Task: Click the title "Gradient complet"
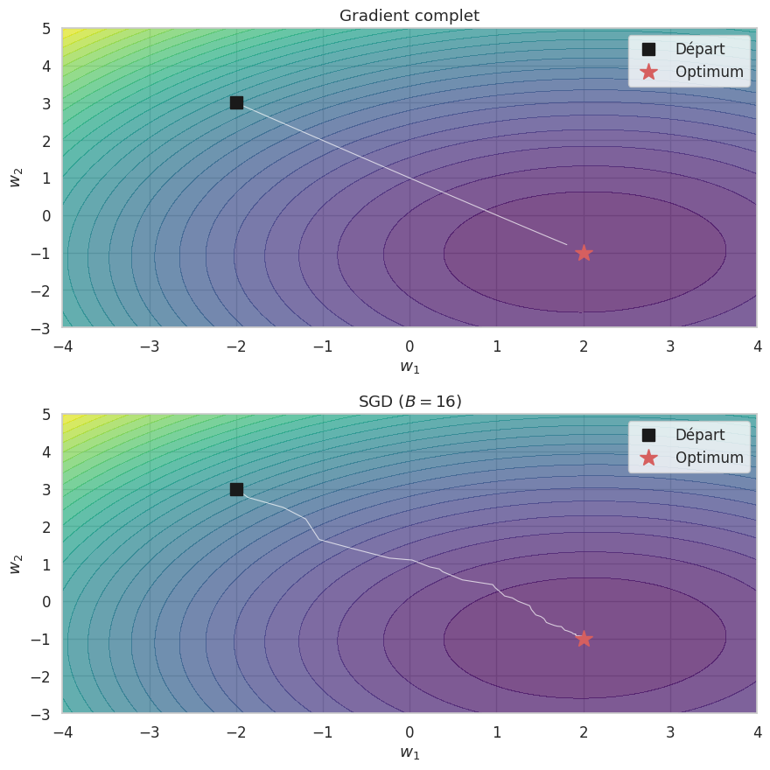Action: (x=409, y=16)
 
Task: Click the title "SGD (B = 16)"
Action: (x=409, y=402)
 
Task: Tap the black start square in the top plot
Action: (x=236, y=102)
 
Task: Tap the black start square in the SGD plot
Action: (x=236, y=489)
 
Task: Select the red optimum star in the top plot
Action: (x=584, y=253)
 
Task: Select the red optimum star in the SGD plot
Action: (x=584, y=639)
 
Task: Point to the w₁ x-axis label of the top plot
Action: (x=409, y=367)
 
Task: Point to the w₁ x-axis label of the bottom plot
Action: (x=409, y=752)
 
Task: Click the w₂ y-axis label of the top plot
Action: (x=16, y=178)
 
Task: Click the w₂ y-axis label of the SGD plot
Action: (x=16, y=563)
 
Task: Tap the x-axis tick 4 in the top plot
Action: (x=757, y=346)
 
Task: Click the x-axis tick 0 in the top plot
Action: (x=409, y=346)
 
